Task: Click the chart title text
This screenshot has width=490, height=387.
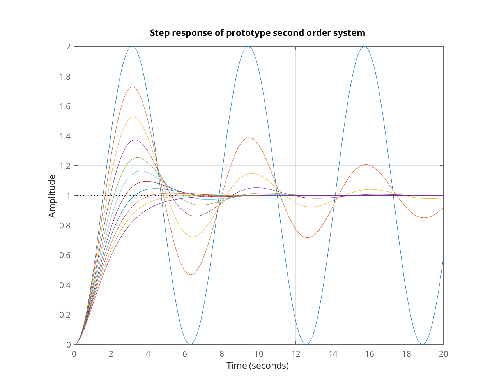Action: click(x=258, y=33)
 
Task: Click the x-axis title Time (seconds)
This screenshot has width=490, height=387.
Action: click(x=258, y=366)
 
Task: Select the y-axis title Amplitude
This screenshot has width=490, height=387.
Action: click(x=52, y=196)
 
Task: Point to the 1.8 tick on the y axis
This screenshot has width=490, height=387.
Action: click(x=65, y=76)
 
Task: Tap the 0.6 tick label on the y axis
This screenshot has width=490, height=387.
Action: click(x=65, y=255)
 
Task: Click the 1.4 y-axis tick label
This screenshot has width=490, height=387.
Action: click(x=65, y=136)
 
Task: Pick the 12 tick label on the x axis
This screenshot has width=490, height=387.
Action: click(x=296, y=354)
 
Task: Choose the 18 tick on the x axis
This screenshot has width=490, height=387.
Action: click(x=407, y=354)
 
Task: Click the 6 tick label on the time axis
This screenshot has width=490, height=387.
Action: click(x=185, y=354)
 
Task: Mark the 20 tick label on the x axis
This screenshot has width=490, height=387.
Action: click(x=443, y=354)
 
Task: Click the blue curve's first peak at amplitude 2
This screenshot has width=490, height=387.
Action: click(x=132, y=47)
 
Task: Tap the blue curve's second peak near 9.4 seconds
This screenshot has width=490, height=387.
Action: click(x=248, y=47)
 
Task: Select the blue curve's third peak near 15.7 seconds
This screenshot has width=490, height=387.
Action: click(x=364, y=47)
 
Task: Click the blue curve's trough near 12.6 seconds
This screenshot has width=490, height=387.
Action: click(x=306, y=344)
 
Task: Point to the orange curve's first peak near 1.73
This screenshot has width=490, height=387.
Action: click(x=133, y=87)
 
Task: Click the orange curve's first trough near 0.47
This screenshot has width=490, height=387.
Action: click(x=191, y=275)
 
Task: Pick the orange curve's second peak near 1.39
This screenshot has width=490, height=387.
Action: click(x=249, y=138)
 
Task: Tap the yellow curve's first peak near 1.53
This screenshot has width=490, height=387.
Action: click(x=133, y=117)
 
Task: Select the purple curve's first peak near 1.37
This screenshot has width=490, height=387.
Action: click(x=135, y=140)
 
